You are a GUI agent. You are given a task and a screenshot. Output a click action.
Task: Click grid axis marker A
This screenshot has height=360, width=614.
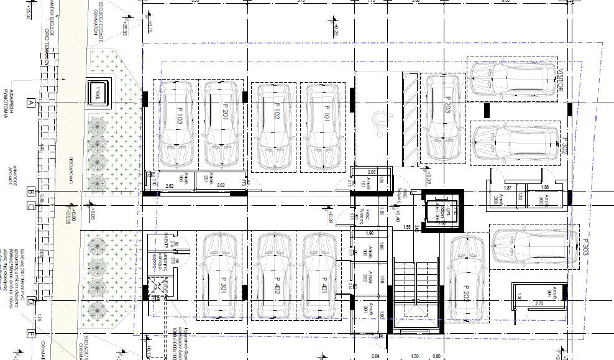tap(29, 104)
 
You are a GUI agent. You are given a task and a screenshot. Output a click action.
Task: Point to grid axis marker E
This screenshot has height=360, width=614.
tap(29, 335)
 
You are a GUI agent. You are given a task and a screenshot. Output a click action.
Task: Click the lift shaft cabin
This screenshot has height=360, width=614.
tap(442, 212)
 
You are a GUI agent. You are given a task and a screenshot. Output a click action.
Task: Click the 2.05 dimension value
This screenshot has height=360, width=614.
tap(372, 172)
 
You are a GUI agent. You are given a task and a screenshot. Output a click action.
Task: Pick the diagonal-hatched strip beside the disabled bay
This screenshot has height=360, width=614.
tap(410, 118)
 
